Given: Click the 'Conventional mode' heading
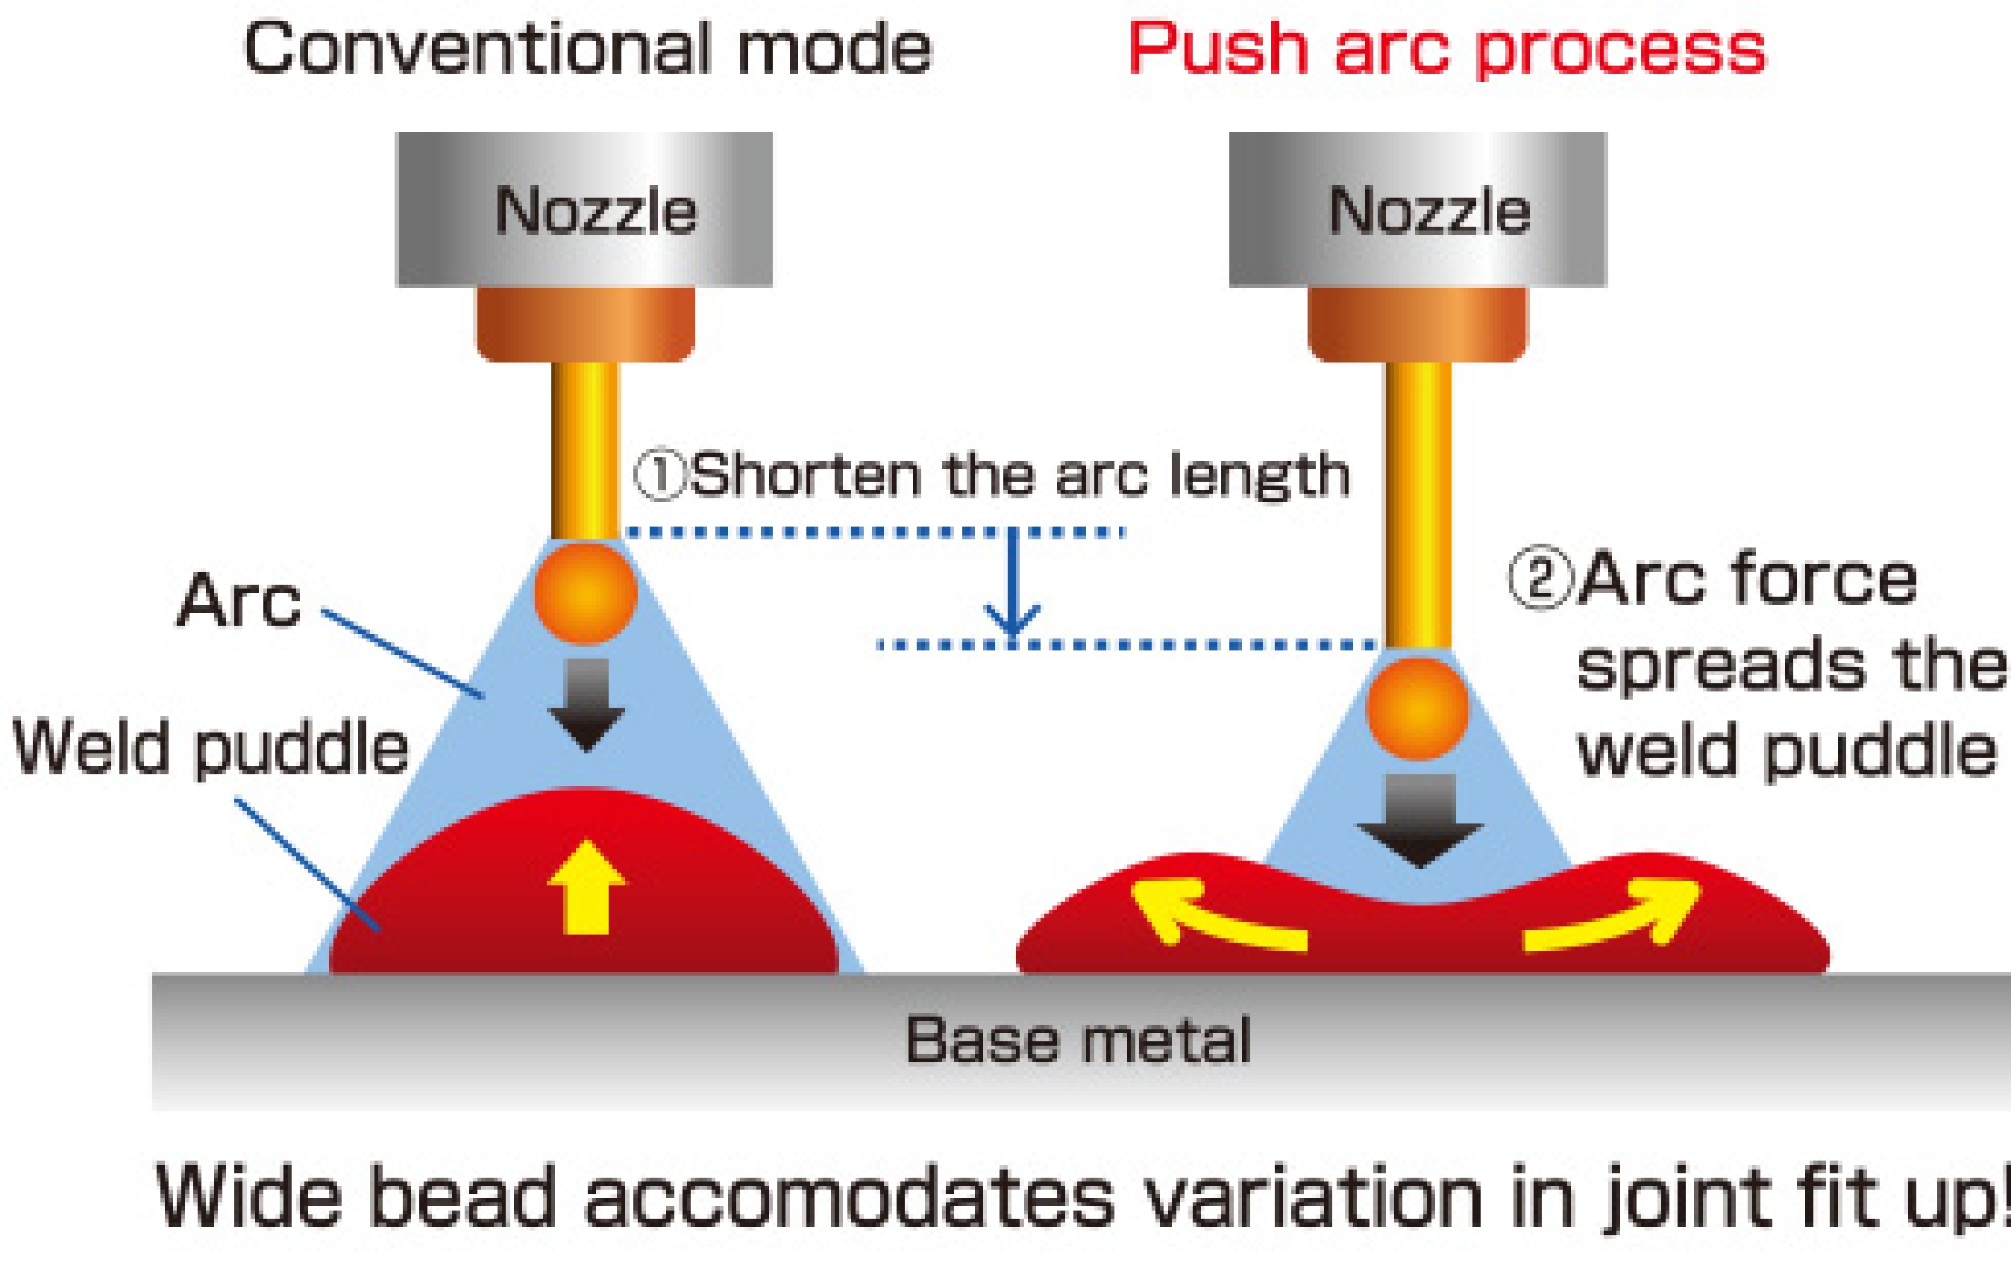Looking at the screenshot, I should (587, 50).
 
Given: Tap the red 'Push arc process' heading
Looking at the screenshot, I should (1446, 50).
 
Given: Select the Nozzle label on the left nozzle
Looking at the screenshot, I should (595, 210).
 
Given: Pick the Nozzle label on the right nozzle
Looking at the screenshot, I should (1429, 210).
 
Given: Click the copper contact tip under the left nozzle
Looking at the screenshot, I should (586, 324).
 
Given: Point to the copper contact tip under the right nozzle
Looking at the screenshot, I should (1417, 324).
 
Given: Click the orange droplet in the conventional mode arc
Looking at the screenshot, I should (586, 593).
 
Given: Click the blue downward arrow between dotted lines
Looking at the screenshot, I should (1012, 589).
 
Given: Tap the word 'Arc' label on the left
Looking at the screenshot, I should (239, 601).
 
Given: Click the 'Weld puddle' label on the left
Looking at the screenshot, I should (211, 748).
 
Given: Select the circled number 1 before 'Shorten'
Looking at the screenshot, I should (659, 476).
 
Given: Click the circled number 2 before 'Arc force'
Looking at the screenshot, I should (1537, 580).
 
